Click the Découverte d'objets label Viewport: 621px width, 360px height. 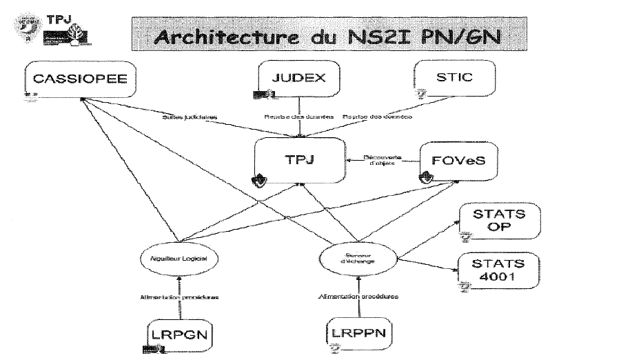pyautogui.click(x=384, y=161)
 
